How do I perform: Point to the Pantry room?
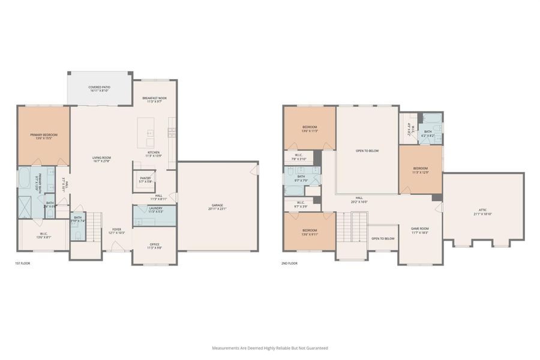coord(145,179)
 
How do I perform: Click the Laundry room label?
coord(155,210)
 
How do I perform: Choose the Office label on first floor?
coord(155,245)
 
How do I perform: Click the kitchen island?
coord(146,132)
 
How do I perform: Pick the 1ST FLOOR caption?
coord(23,263)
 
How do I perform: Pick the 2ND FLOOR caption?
coord(289,263)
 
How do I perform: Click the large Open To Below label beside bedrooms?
coord(367,151)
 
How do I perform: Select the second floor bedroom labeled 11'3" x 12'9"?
coord(420,170)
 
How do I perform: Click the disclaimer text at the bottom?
coord(270,347)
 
